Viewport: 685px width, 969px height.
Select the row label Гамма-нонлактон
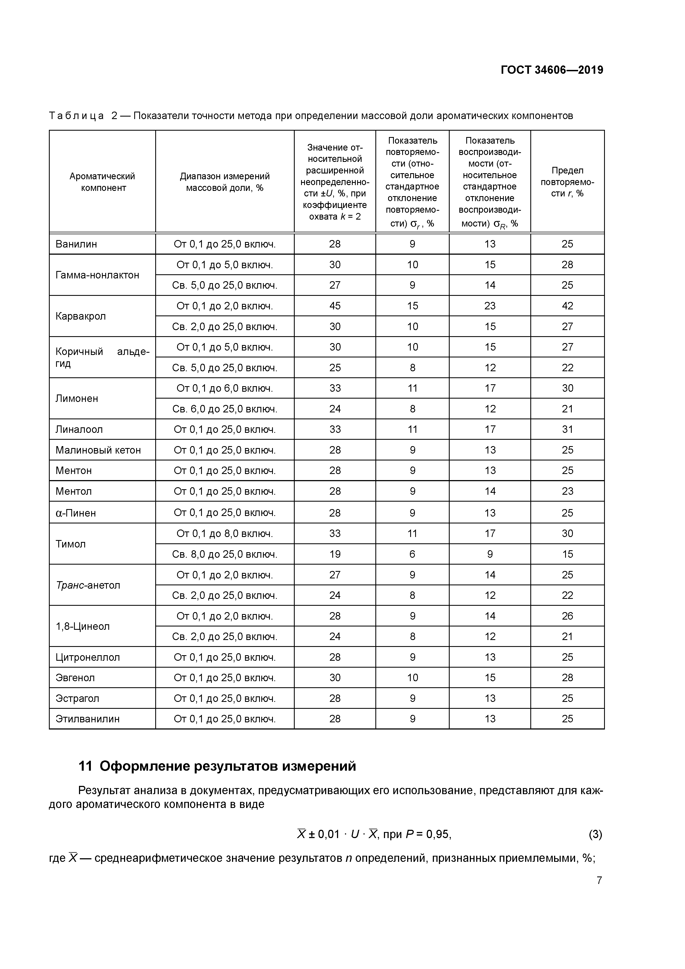(x=97, y=275)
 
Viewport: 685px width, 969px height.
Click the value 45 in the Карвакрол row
(x=335, y=306)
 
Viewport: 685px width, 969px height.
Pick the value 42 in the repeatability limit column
(x=567, y=306)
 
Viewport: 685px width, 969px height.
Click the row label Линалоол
(x=79, y=429)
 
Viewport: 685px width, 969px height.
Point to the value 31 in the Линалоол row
(x=567, y=429)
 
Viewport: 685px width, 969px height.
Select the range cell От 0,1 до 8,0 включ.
(x=225, y=533)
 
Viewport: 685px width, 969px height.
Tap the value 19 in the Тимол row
(x=335, y=554)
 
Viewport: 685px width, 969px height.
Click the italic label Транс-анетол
(x=88, y=585)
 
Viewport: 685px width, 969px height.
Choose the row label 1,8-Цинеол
(x=82, y=626)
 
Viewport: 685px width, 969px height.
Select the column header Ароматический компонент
(x=102, y=182)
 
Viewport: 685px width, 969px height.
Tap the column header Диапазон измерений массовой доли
(x=225, y=182)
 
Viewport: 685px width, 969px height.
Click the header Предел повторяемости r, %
(x=567, y=182)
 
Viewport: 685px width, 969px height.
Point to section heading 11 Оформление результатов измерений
(x=217, y=766)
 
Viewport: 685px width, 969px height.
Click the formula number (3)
(x=595, y=834)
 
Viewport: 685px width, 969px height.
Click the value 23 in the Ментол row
(x=567, y=491)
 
